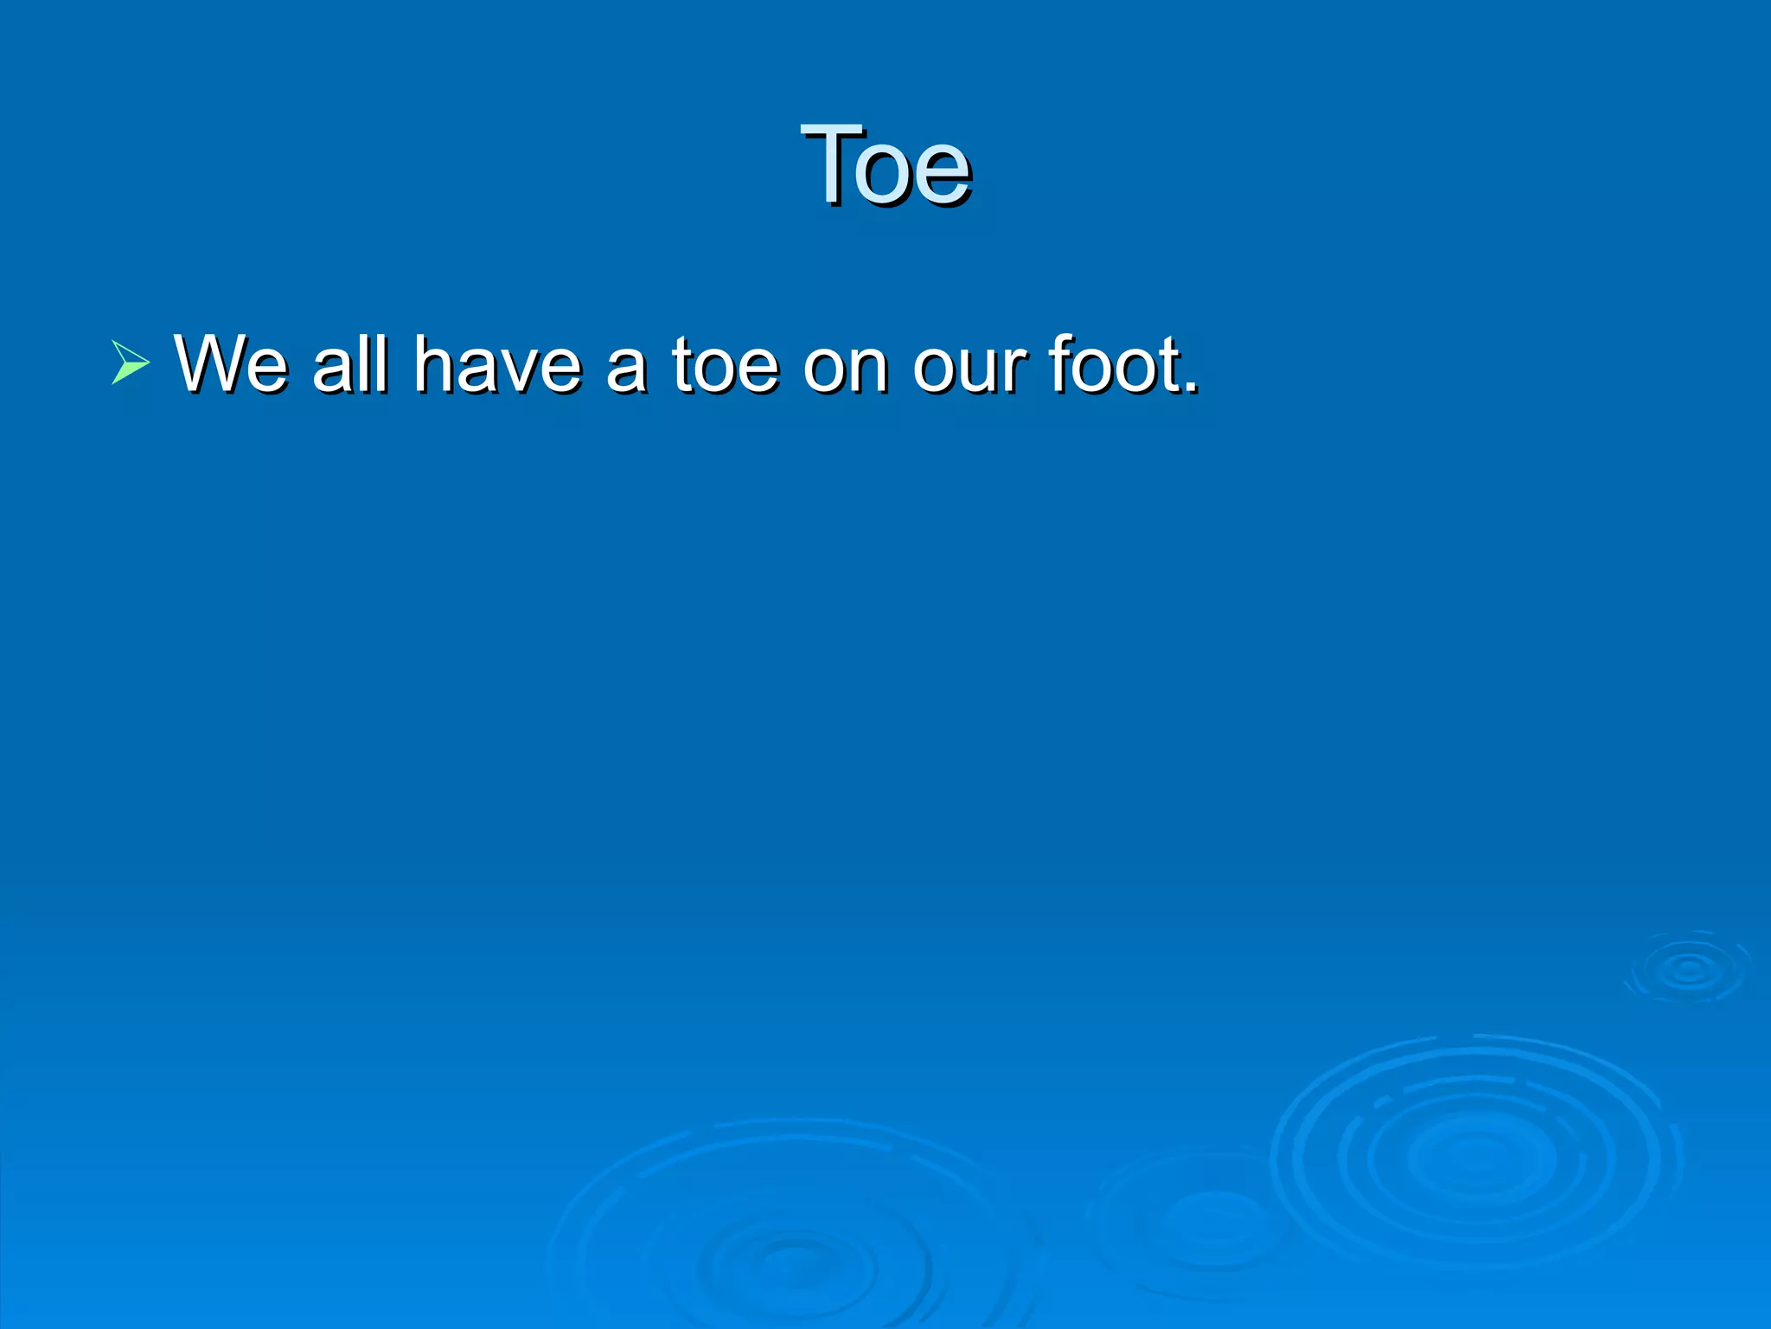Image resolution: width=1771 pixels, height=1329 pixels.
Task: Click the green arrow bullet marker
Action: point(130,363)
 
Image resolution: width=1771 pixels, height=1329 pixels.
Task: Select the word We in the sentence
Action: point(231,364)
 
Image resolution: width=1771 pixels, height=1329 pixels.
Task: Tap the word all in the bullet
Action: point(350,364)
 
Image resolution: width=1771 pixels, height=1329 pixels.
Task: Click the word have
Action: point(497,364)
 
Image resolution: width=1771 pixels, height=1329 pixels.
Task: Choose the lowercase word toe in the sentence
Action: point(726,364)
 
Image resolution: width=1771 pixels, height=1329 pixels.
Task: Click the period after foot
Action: point(1192,388)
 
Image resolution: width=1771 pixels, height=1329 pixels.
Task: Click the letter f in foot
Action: point(1062,363)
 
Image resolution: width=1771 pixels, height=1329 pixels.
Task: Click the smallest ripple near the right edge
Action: point(1688,969)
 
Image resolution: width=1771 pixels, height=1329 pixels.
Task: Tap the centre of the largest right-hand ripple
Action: point(1475,1156)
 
